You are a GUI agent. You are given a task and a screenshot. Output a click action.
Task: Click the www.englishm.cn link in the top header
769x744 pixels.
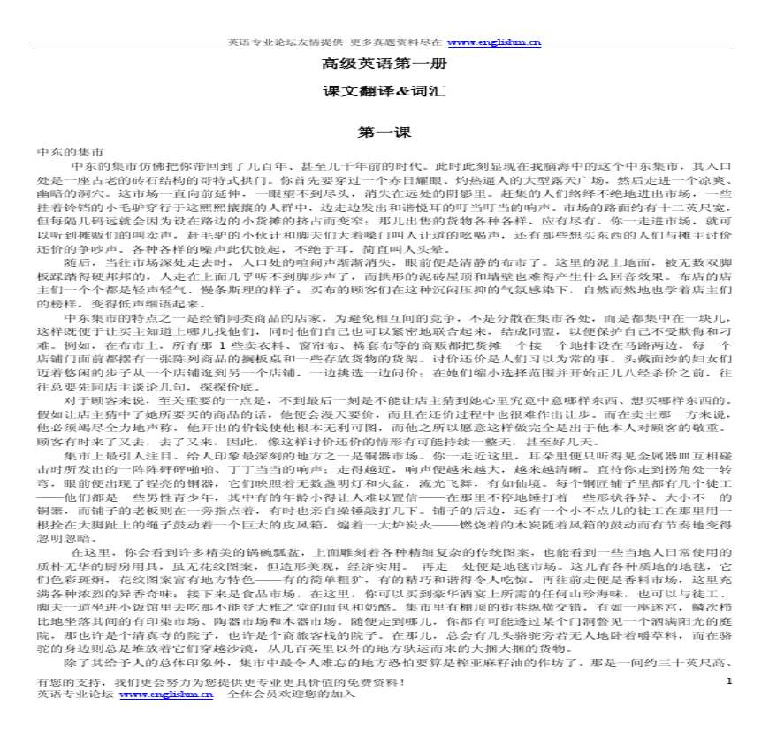click(x=493, y=42)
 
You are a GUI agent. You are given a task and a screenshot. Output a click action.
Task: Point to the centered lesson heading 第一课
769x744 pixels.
click(x=384, y=133)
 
